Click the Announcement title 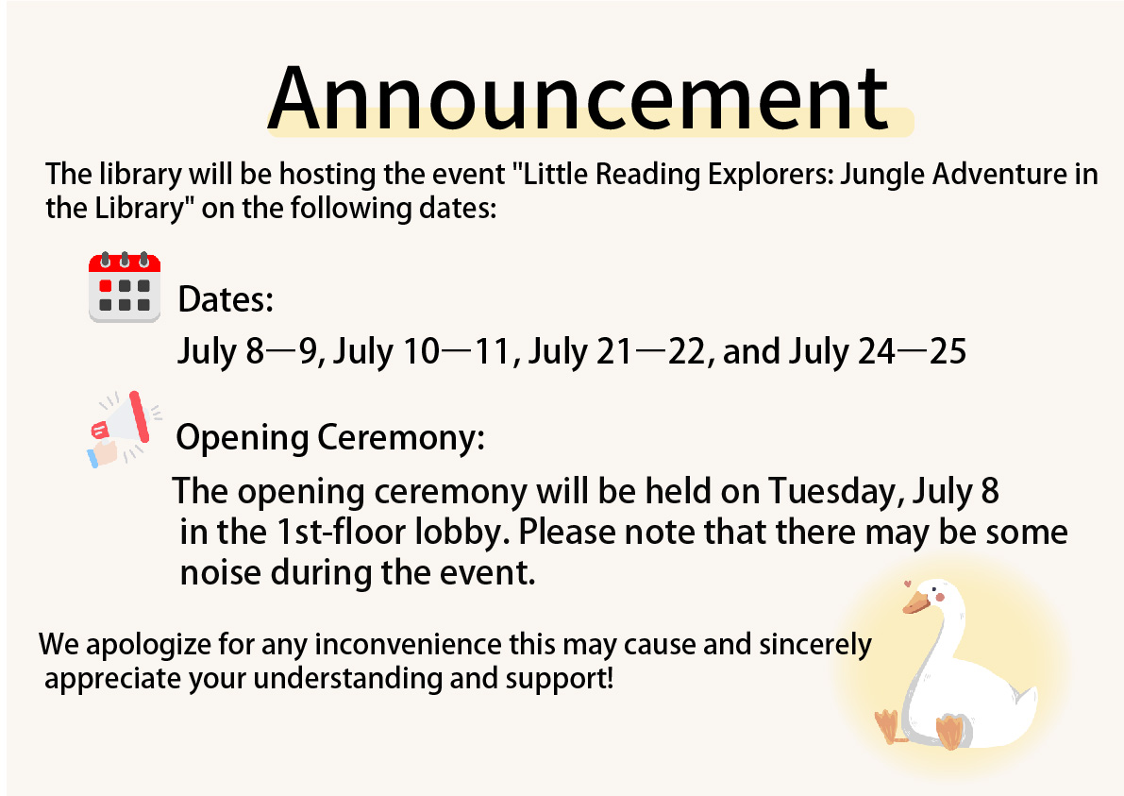tap(578, 98)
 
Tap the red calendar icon tap(125, 287)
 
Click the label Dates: tap(226, 299)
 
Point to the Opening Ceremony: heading tap(330, 437)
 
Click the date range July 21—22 tap(617, 351)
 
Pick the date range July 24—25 tap(878, 351)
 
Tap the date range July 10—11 tap(422, 351)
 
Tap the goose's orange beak tap(915, 602)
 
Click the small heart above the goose tap(908, 583)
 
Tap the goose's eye tap(936, 592)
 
